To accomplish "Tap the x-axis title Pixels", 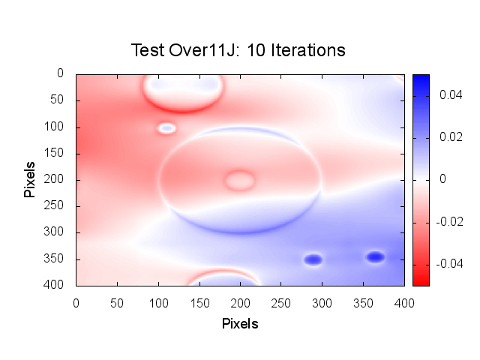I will pyautogui.click(x=240, y=324).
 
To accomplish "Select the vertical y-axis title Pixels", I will pyautogui.click(x=30, y=178).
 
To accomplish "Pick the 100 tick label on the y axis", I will pyautogui.click(x=57, y=127).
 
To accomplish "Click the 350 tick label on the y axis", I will pyautogui.click(x=57, y=259).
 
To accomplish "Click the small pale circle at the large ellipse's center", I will pyautogui.click(x=239, y=180).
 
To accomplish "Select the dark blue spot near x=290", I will pyautogui.click(x=313, y=259).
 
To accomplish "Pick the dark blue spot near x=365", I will pyautogui.click(x=375, y=257).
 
